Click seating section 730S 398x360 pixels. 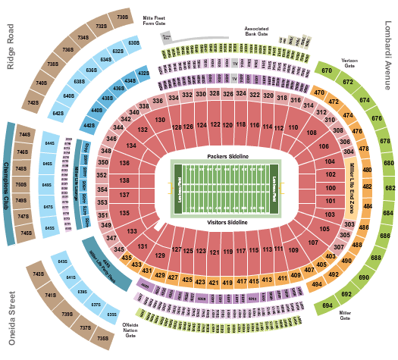[x=122, y=15]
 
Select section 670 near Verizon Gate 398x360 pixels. [x=327, y=70]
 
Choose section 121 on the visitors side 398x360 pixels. [x=214, y=251]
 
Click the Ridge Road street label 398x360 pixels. [x=11, y=46]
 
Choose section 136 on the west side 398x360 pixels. [x=123, y=163]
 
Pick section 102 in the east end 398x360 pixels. [x=330, y=175]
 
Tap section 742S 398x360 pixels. [x=33, y=102]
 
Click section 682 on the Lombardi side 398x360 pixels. [x=389, y=188]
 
